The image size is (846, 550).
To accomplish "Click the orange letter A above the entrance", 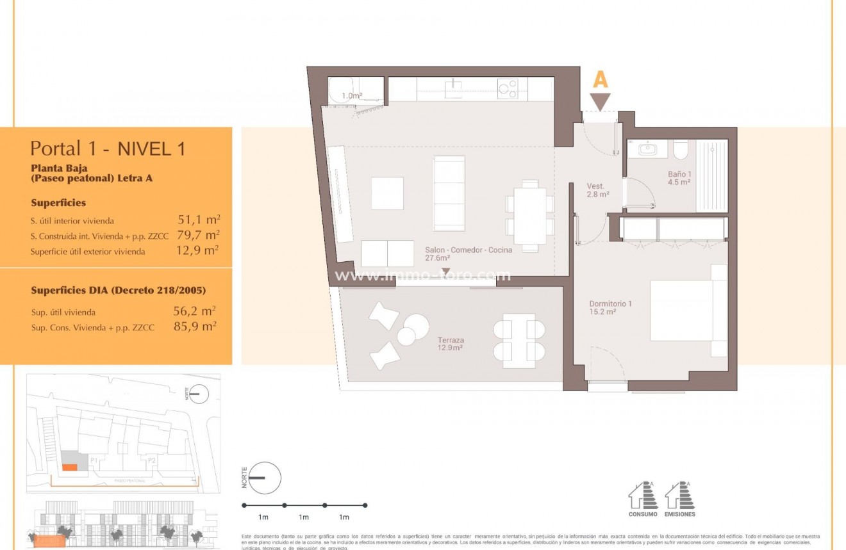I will click(x=601, y=79).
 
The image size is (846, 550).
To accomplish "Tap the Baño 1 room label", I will click(x=679, y=177).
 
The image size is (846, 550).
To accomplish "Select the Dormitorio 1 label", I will click(x=610, y=307).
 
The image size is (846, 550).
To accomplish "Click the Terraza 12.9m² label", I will click(x=451, y=344).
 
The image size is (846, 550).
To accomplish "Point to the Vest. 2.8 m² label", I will click(x=597, y=190).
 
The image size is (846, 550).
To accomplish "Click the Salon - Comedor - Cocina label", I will click(x=468, y=254).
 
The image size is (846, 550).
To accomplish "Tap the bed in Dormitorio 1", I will click(x=688, y=311).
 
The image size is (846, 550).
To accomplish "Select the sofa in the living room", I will click(x=449, y=193).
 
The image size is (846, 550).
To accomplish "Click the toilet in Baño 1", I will click(x=681, y=150).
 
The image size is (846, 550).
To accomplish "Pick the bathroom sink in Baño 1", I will click(x=647, y=149).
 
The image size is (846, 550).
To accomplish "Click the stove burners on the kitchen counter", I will click(x=508, y=88).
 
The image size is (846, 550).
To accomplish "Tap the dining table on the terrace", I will click(x=519, y=340).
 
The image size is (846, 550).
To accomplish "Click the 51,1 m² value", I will click(x=199, y=220).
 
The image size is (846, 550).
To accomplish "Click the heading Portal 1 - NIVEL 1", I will click(x=108, y=149).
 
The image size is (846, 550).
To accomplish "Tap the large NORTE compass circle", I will click(x=265, y=478).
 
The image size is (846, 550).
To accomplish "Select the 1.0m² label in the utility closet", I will click(x=352, y=96).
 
